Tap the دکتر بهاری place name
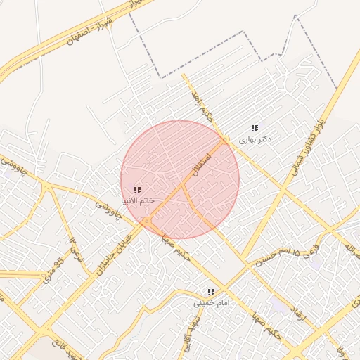coord(255,139)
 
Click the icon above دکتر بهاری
coord(255,128)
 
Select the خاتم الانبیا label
coord(137,201)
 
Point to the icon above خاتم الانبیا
coord(137,190)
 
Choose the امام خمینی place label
coord(212,303)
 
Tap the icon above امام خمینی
coord(211,292)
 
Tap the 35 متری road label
coord(53,270)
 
